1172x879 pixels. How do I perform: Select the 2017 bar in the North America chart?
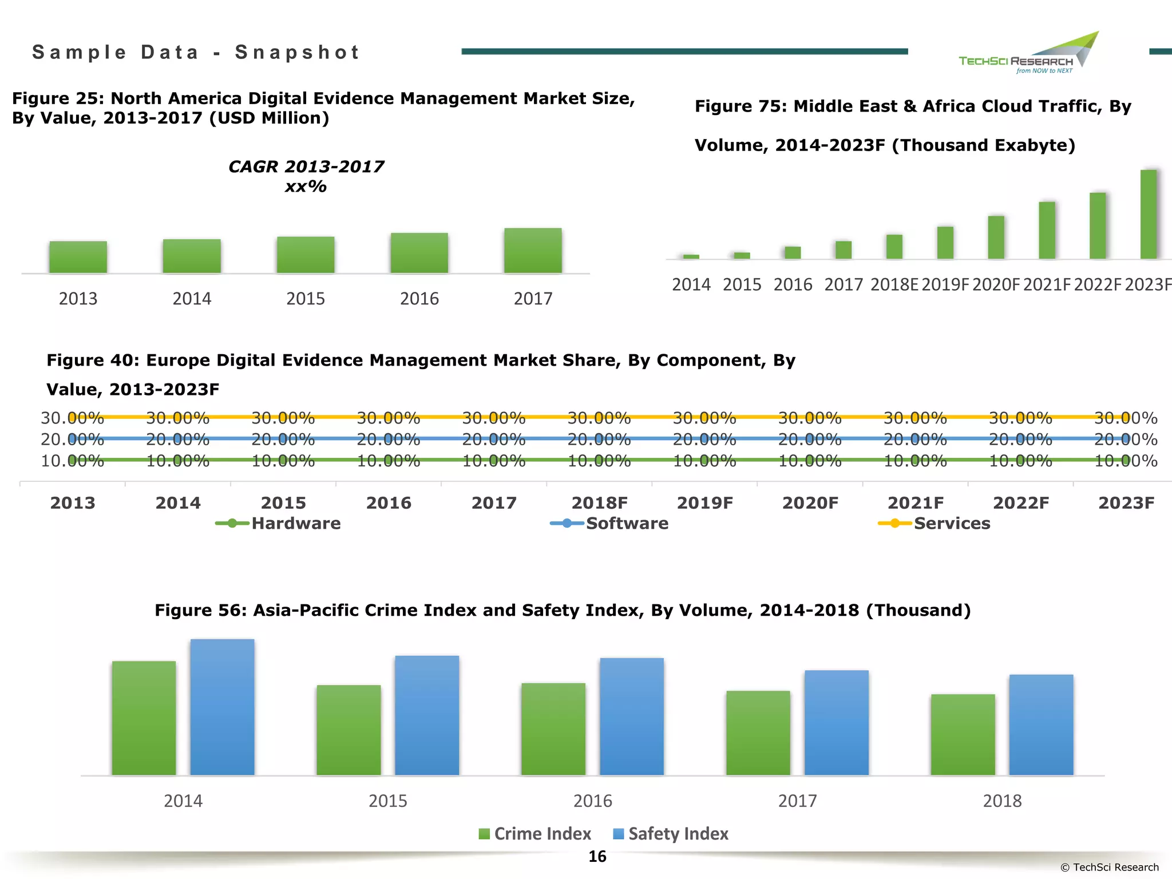(533, 251)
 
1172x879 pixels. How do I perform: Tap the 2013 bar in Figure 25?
(78, 257)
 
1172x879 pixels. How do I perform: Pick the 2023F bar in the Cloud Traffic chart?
(1148, 215)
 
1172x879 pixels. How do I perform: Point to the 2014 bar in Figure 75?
(691, 256)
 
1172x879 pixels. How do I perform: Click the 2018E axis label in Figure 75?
(894, 284)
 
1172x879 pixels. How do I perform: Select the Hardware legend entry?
(279, 523)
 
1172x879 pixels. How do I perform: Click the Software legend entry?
(610, 523)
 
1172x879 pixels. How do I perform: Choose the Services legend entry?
(935, 523)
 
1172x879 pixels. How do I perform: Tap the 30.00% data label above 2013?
(72, 418)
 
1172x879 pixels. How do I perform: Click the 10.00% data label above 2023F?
(1126, 461)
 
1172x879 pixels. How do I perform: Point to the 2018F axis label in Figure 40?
(599, 503)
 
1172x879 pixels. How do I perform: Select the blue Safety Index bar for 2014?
(222, 707)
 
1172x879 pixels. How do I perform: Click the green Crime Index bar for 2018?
(963, 735)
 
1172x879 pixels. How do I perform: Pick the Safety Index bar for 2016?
(632, 716)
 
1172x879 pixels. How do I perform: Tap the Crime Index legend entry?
(535, 834)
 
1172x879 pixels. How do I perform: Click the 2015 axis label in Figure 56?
(387, 801)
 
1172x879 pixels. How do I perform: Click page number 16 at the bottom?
(597, 857)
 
